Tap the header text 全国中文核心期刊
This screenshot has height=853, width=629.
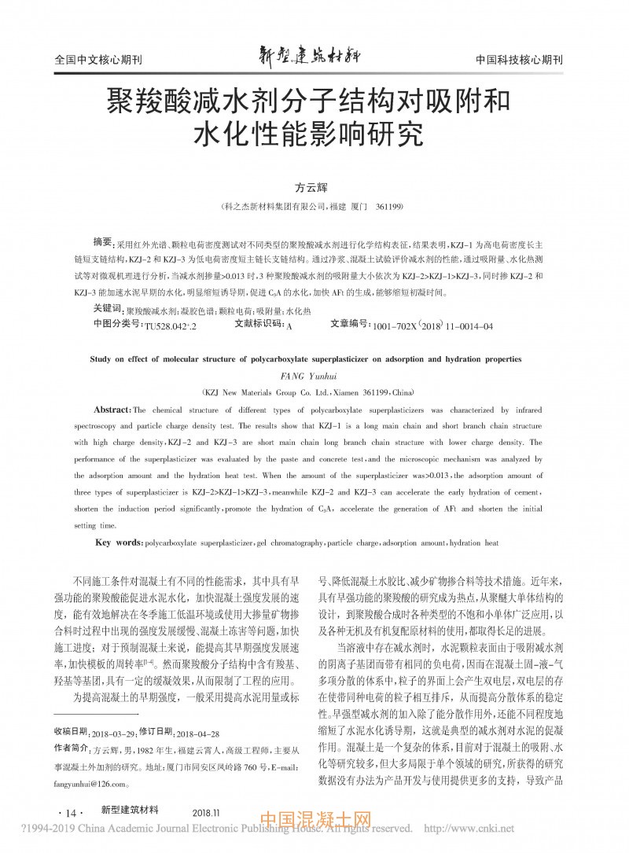tap(98, 61)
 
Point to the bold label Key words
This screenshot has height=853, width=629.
tap(119, 542)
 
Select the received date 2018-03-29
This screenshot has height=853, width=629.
tap(116, 731)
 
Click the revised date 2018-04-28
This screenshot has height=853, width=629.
tap(198, 731)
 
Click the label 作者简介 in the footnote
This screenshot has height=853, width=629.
tap(72, 748)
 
